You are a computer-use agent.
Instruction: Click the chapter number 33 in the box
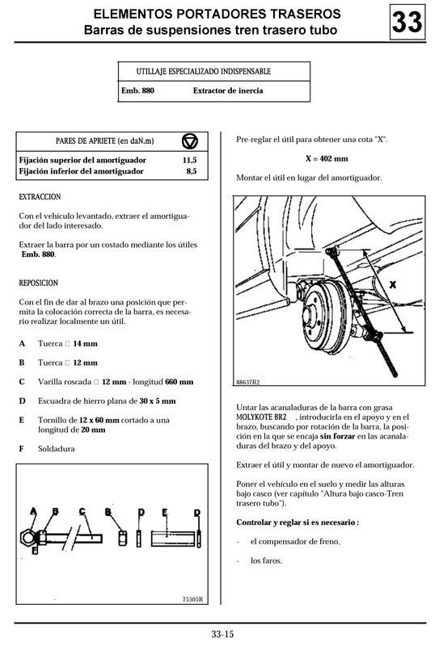point(407,23)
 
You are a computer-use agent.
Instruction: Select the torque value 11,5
point(190,161)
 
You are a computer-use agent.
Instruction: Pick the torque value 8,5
point(191,171)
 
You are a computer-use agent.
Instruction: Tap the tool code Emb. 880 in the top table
point(137,91)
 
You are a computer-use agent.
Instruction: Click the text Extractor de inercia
point(227,91)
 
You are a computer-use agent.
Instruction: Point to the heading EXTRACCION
point(40,197)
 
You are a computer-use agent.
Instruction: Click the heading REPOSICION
point(38,283)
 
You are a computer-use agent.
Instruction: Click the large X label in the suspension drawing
point(392,285)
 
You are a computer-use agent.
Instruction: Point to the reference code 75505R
point(194,599)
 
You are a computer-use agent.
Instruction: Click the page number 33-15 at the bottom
point(222,633)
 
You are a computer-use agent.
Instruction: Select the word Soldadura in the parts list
point(57,448)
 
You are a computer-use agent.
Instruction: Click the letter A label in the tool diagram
point(33,511)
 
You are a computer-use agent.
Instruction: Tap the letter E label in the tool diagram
point(165,512)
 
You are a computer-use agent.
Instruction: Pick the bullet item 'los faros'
point(267,560)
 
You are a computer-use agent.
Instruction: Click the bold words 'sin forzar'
point(339,435)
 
